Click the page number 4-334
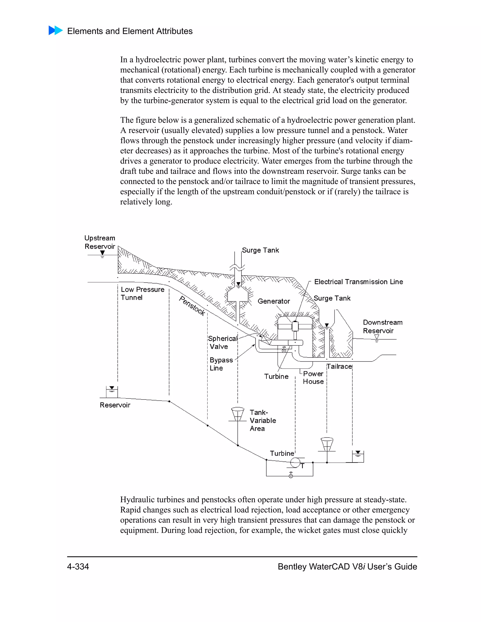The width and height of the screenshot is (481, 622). [x=78, y=566]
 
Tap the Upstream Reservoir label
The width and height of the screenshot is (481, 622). [x=100, y=242]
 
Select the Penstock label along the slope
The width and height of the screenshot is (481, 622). [x=192, y=306]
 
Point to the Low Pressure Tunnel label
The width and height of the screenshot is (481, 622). [x=142, y=293]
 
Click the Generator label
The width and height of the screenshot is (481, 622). [x=274, y=301]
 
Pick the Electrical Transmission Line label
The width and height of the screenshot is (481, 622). [x=358, y=282]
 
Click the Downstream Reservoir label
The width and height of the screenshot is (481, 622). [x=382, y=326]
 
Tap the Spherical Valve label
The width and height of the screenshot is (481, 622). [x=222, y=342]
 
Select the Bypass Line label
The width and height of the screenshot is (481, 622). [x=221, y=364]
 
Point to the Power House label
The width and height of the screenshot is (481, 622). [x=313, y=378]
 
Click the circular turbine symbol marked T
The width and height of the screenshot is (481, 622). [x=295, y=462]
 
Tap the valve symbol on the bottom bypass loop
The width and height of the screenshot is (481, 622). [x=291, y=475]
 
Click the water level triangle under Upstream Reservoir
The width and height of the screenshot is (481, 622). [x=103, y=253]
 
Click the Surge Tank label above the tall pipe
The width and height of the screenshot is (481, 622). [x=260, y=250]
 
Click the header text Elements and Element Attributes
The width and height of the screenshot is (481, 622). [x=130, y=31]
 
